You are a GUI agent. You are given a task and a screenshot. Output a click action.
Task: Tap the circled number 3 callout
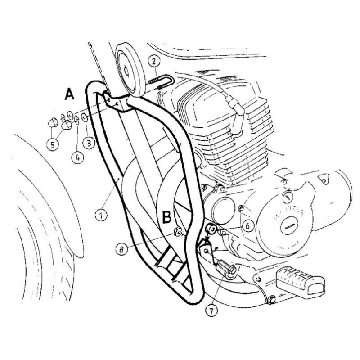(89, 143)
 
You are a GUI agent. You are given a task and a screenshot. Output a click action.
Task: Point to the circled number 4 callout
(77, 158)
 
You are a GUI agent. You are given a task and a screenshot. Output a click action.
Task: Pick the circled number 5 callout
(53, 145)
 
